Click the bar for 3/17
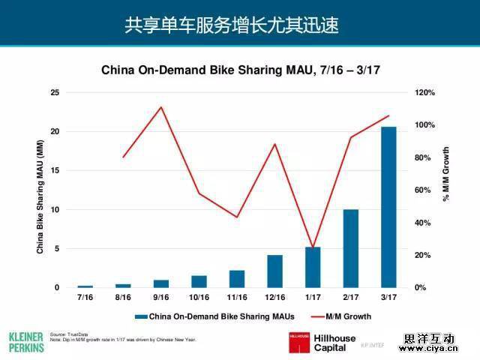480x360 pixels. (x=388, y=207)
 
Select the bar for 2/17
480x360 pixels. (x=350, y=248)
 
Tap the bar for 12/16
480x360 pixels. (x=274, y=271)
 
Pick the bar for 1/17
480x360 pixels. (x=313, y=267)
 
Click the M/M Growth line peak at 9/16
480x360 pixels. (x=161, y=107)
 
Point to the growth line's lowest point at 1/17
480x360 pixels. (x=313, y=247)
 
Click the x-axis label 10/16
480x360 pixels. (x=199, y=298)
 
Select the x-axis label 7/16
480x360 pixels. (x=85, y=298)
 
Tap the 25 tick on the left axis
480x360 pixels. (x=54, y=92)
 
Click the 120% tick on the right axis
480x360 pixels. (x=424, y=92)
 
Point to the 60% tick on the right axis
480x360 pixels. (x=422, y=190)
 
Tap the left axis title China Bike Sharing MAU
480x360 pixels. (x=40, y=196)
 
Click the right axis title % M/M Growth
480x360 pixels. (x=446, y=174)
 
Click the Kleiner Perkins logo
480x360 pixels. (x=25, y=341)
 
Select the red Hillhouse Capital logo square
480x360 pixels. (x=298, y=342)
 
